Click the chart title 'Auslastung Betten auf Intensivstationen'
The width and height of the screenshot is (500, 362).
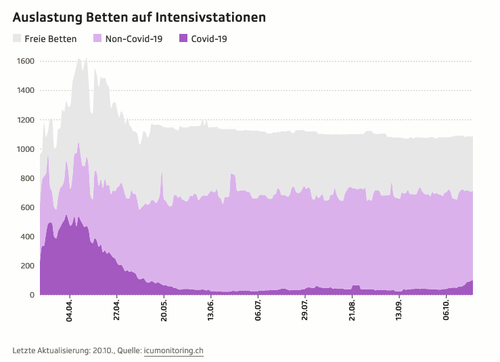[x=139, y=16]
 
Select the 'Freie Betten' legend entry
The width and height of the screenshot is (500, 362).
[x=50, y=39]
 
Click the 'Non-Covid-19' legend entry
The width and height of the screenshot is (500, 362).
[x=134, y=39]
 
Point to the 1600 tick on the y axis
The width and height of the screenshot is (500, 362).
[x=26, y=62]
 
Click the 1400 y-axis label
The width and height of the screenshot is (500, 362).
[x=26, y=91]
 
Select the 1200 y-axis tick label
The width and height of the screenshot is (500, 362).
[x=26, y=120]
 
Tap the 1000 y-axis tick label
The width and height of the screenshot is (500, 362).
[x=26, y=149]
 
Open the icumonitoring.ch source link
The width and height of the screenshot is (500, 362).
[x=174, y=350]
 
